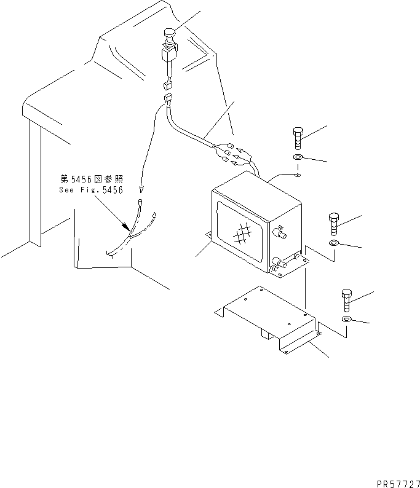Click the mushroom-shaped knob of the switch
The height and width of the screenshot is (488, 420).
pos(169,33)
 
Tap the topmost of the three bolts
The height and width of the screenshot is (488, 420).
pos(298,138)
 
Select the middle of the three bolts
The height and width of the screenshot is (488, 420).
pos(333,224)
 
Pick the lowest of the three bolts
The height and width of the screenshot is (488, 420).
pos(347,301)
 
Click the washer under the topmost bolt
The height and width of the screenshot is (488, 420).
pos(298,157)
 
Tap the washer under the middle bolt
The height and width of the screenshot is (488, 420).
pos(334,243)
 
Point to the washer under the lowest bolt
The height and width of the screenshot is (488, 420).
pos(346,319)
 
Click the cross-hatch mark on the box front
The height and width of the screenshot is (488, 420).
pos(242,234)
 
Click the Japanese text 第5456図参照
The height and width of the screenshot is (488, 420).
pos(92,179)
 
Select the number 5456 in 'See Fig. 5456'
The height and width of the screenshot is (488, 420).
pos(113,190)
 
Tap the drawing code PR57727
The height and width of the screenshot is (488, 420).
pos(398,484)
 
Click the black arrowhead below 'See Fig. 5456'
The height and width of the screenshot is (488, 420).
pos(126,226)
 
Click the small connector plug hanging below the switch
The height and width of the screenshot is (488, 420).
pos(168,85)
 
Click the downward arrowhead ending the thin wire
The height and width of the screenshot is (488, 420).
pos(141,189)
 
